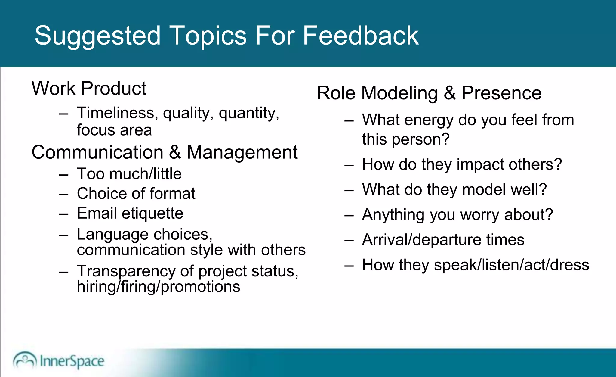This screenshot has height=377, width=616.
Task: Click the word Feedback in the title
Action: pyautogui.click(x=360, y=36)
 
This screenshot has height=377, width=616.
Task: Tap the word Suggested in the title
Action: pyautogui.click(x=98, y=36)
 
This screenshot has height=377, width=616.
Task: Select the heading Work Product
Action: pyautogui.click(x=89, y=89)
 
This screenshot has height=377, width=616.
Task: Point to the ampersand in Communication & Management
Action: pyautogui.click(x=175, y=152)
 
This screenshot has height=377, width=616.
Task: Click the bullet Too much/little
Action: pyautogui.click(x=129, y=174)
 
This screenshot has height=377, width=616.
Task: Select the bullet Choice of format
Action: pyautogui.click(x=136, y=193)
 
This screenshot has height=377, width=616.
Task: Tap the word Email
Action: pyautogui.click(x=97, y=213)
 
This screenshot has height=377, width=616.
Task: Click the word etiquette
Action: pyautogui.click(x=152, y=213)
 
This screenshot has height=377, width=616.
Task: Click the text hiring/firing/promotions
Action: pyautogui.click(x=159, y=286)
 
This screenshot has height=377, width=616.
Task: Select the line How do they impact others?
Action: pyautogui.click(x=462, y=164)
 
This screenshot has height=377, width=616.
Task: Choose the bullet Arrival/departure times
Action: pyautogui.click(x=443, y=240)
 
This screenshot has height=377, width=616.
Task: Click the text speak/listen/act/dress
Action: pyautogui.click(x=511, y=265)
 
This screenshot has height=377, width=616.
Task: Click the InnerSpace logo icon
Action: pyautogui.click(x=25, y=360)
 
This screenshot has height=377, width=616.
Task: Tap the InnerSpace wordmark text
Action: pyautogui.click(x=72, y=361)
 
